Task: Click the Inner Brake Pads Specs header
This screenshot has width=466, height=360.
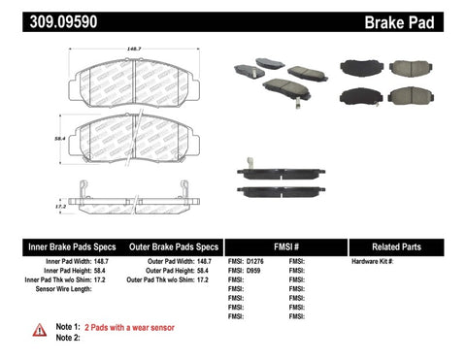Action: pos(57,246)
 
